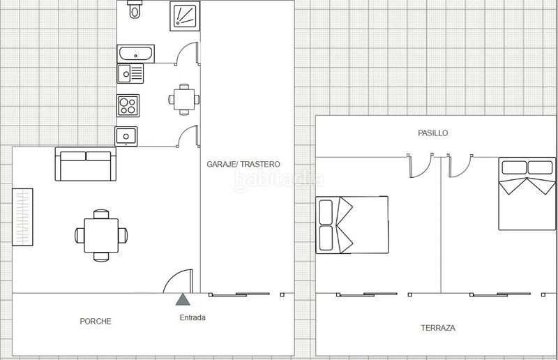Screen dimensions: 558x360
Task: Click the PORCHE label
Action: click(96, 321)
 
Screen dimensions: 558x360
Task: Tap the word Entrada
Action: click(193, 317)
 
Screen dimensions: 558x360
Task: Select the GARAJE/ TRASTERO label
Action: click(243, 164)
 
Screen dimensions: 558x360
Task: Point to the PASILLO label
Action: click(432, 133)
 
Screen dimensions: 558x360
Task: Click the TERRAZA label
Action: click(438, 328)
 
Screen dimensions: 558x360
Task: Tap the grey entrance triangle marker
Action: click(183, 299)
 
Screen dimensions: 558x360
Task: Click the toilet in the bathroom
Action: click(135, 9)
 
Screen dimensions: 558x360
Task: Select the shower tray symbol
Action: click(185, 16)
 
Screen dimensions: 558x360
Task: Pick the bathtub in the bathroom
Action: click(135, 54)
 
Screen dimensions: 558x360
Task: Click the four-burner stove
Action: click(128, 105)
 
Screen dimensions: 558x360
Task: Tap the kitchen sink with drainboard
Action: click(130, 74)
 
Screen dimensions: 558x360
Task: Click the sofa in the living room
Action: click(86, 164)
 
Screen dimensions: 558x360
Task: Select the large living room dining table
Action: click(101, 236)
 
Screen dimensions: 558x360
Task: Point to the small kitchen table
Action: click(184, 100)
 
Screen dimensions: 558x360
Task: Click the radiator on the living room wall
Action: click(22, 217)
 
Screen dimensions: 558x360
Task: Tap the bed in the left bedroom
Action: click(352, 225)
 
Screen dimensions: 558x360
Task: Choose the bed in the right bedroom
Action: click(527, 193)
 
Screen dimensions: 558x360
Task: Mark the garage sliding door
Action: click(239, 294)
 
